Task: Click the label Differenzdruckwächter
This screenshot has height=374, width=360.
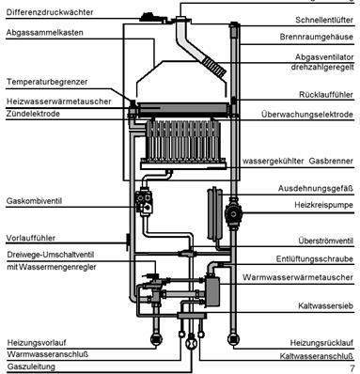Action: pos(50,12)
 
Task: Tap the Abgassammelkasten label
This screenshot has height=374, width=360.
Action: pos(44,33)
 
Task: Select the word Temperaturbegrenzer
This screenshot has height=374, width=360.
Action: pos(47,82)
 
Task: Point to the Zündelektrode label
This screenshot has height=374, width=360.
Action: pos(33,114)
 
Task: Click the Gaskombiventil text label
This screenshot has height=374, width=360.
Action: pos(34,201)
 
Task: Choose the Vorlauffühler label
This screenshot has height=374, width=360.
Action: pos(31,238)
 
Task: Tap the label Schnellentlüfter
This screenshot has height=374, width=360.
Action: pos(324,20)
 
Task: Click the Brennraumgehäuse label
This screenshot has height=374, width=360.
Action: pos(317,37)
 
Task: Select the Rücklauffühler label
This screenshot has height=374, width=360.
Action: pos(326,95)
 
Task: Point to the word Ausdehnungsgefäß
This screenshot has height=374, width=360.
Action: pos(316,189)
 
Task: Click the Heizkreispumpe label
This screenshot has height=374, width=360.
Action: pos(323,205)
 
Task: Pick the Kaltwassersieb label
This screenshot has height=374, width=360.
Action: pos(325,305)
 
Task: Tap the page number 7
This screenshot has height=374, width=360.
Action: pos(352,368)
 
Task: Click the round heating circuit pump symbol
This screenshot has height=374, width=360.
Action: pos(233,214)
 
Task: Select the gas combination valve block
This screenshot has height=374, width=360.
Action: pos(145,201)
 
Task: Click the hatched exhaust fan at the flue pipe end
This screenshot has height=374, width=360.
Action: pos(213,67)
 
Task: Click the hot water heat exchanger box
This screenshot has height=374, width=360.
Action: pos(212,289)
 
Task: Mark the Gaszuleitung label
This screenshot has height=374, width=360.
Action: pos(31,366)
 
